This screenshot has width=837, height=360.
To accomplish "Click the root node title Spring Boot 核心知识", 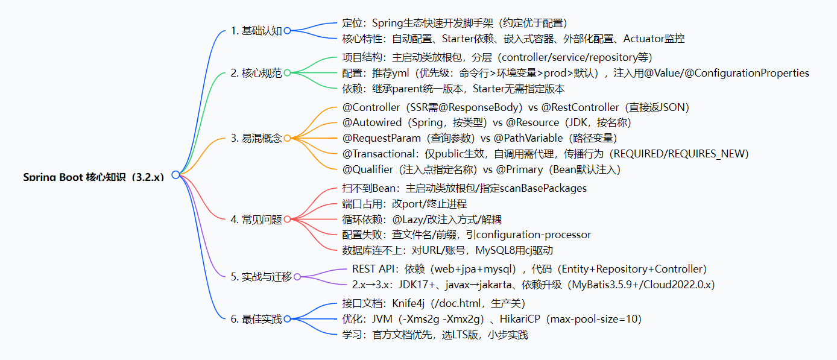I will pos(93,177).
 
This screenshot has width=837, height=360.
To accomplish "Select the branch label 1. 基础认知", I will pos(256,31).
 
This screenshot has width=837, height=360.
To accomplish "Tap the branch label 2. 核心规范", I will pos(256,73).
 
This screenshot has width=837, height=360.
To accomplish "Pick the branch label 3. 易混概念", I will pos(256,138).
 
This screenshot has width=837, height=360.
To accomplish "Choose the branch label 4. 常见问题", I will pos(256,219).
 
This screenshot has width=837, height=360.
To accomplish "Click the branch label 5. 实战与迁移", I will pos(261,277).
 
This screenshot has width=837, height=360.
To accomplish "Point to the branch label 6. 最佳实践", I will pos(256,319).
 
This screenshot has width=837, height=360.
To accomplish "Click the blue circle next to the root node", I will pos(175,175).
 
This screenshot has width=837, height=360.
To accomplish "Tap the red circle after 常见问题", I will pos(287,219).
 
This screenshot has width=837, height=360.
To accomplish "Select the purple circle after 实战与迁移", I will pos(297,277).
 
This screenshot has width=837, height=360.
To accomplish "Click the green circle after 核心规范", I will pos(287,73).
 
